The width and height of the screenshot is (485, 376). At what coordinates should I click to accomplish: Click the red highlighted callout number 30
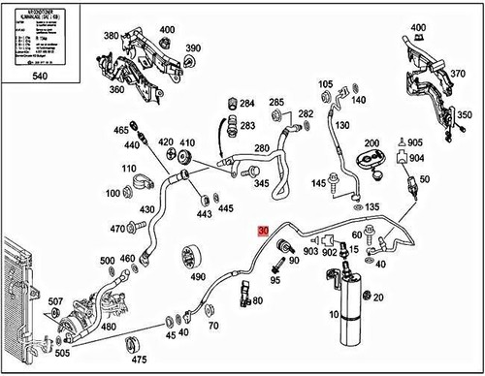click(x=263, y=232)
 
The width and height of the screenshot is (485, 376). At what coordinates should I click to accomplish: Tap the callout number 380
click(x=112, y=36)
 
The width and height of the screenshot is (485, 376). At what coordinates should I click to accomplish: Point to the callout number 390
click(x=193, y=49)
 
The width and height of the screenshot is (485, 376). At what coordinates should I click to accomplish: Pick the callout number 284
click(x=246, y=104)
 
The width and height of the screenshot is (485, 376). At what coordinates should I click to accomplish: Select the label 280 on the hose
click(x=261, y=148)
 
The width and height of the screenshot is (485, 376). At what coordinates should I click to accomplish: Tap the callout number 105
click(x=326, y=85)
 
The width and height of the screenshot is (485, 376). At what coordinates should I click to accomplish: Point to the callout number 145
click(x=318, y=183)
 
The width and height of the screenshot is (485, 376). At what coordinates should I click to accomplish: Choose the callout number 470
click(x=118, y=229)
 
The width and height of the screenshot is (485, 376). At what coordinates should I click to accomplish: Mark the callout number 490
click(x=198, y=276)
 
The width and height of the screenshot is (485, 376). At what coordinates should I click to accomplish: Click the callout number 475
click(x=139, y=360)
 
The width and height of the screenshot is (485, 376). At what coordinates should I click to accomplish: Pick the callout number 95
click(x=275, y=280)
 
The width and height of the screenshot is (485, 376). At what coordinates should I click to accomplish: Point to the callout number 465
click(x=121, y=130)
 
